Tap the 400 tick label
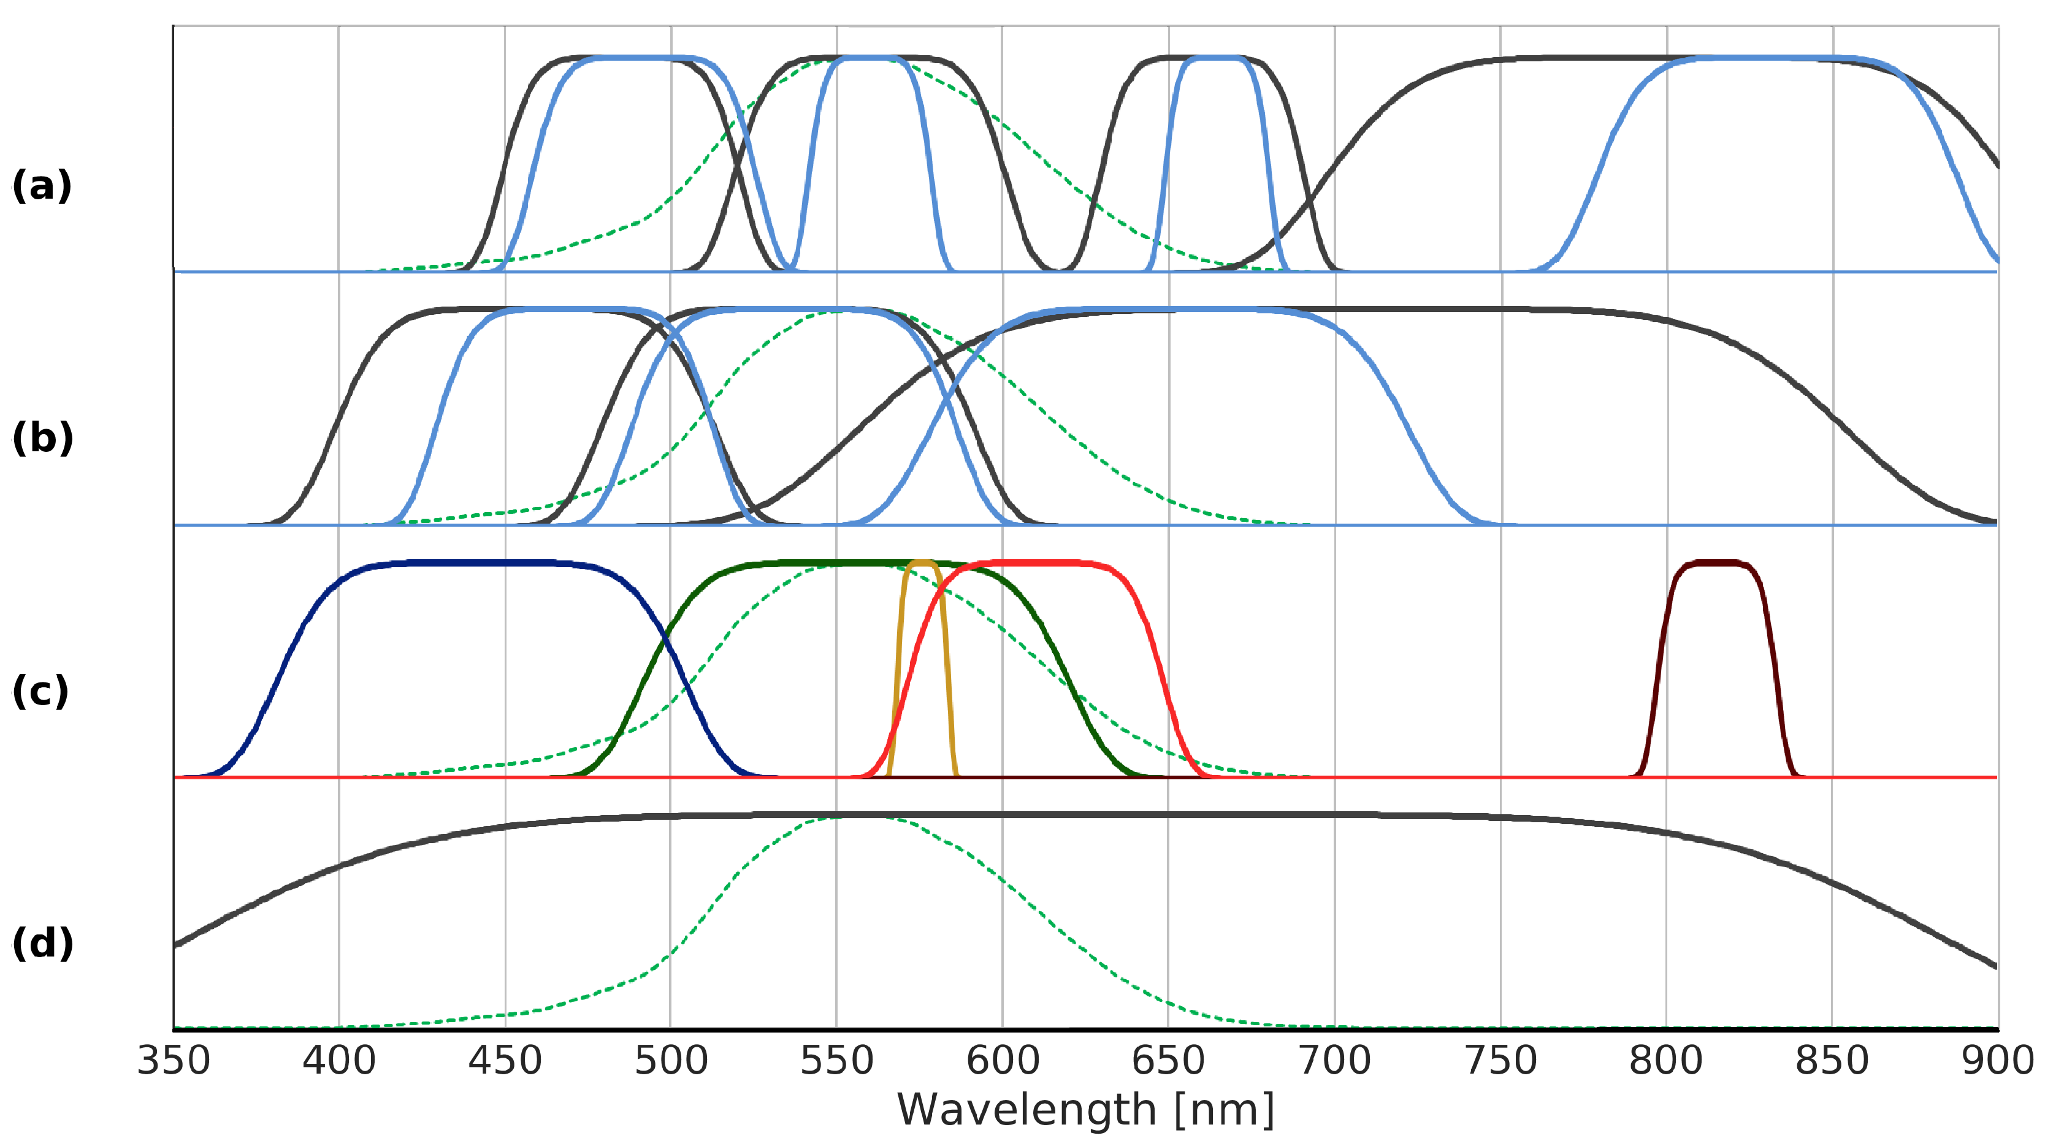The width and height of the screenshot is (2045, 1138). tap(339, 1061)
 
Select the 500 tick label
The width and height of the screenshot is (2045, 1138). tap(671, 1061)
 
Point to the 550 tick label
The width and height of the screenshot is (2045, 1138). tap(837, 1061)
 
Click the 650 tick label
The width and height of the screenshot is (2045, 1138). tap(1169, 1061)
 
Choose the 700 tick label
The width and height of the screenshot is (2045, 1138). tap(1334, 1061)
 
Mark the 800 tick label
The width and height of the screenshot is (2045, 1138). tap(1666, 1061)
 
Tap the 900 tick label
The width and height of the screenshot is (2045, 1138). tap(1997, 1061)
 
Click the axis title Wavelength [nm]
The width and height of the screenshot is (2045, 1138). tap(1085, 1109)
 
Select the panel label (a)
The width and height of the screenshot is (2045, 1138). tap(42, 186)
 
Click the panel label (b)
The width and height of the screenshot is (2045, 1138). tap(43, 438)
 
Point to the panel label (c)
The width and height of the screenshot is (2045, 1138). tap(40, 691)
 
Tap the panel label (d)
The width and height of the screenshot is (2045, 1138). tap(43, 944)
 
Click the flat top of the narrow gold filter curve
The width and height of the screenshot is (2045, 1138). tap(922, 563)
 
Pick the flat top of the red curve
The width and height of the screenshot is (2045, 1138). tap(1040, 563)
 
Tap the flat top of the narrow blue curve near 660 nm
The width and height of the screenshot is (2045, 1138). tap(1212, 58)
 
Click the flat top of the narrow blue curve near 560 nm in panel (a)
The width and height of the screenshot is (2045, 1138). tap(870, 58)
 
